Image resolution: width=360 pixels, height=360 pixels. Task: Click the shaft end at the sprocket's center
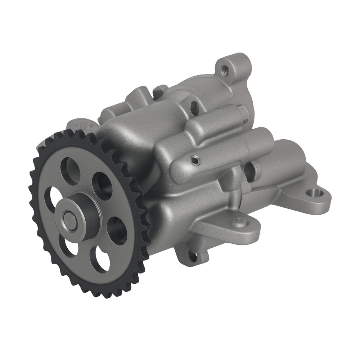(68, 217)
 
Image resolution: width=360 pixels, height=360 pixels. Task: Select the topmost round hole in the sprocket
(70, 168)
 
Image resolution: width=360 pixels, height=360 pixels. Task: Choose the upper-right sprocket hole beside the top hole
(102, 185)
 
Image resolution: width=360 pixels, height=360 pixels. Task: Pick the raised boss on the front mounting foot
(240, 222)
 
